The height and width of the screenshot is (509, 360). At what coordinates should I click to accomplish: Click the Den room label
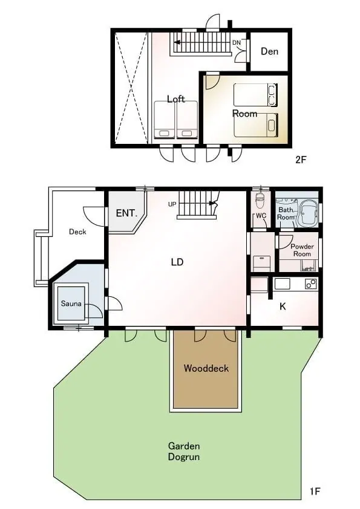click(x=269, y=51)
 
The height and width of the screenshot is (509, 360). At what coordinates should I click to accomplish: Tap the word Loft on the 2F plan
click(x=176, y=99)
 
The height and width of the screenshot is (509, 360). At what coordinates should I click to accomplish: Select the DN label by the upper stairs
click(x=237, y=42)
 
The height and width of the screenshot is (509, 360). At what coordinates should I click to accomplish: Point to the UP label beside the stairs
click(x=172, y=204)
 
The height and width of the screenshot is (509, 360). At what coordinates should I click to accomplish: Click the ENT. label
click(x=126, y=213)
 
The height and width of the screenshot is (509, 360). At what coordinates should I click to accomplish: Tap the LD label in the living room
click(x=177, y=262)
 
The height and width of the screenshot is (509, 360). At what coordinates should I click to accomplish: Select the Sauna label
click(x=71, y=303)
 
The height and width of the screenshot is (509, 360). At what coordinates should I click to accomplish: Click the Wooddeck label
click(x=206, y=368)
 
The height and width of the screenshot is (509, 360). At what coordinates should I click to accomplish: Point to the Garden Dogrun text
click(x=184, y=451)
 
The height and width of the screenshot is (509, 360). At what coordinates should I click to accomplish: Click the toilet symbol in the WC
click(x=260, y=201)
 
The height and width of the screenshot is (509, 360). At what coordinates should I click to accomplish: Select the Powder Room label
click(x=302, y=250)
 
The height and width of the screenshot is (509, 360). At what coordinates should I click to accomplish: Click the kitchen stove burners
click(x=311, y=284)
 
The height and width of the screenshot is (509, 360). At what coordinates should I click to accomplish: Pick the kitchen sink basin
click(x=282, y=284)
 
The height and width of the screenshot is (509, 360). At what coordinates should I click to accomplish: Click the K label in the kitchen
click(x=283, y=306)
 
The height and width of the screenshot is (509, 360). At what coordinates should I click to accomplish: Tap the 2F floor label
click(x=301, y=160)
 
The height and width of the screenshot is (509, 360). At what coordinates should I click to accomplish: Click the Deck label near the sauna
click(x=77, y=232)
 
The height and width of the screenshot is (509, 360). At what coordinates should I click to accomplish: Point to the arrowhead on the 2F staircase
click(x=177, y=42)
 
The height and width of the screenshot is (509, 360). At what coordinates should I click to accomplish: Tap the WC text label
click(x=261, y=216)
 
